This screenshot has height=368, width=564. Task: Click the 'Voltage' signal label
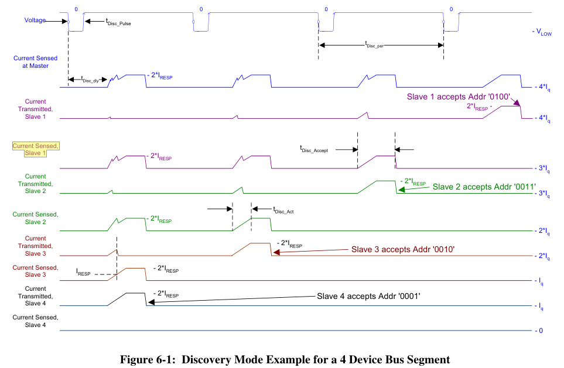pos(35,20)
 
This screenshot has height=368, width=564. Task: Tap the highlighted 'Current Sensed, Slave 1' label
pos(36,149)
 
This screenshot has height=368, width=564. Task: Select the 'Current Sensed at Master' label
pos(36,62)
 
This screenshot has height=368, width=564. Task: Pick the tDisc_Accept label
pos(314,150)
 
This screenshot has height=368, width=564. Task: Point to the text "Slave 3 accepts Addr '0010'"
pos(403,249)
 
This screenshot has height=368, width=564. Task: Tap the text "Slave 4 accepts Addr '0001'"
pos(369,296)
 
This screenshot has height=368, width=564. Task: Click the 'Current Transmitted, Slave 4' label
pos(36,296)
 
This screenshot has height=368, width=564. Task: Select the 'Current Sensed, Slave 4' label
pos(36,321)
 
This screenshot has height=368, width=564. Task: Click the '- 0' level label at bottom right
pos(538,331)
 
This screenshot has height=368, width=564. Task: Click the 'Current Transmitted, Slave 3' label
pos(36,246)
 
